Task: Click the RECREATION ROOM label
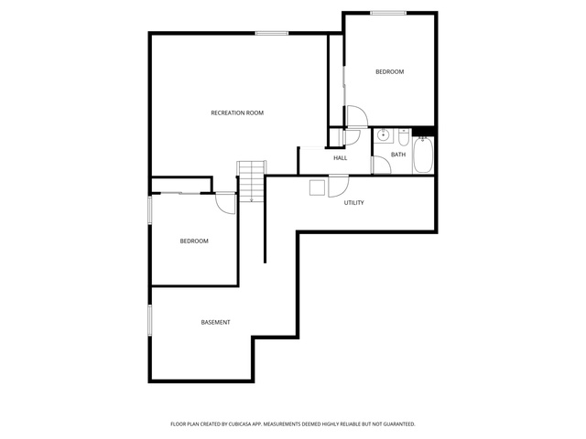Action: click(237, 112)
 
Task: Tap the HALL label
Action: click(340, 158)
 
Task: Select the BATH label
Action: click(398, 155)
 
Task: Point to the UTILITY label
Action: click(353, 203)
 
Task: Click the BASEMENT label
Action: click(216, 322)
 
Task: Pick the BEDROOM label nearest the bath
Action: click(389, 71)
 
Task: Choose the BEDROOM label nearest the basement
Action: click(194, 241)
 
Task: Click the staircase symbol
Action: click(252, 181)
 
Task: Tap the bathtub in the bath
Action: click(423, 155)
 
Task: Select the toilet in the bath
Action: click(403, 137)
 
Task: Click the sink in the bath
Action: click(383, 135)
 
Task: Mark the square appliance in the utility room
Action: click(318, 187)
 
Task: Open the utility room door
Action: click(338, 186)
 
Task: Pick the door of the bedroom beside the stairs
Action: click(226, 203)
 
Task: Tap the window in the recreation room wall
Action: click(272, 33)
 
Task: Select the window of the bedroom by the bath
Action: click(388, 13)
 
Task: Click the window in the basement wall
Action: click(150, 320)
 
